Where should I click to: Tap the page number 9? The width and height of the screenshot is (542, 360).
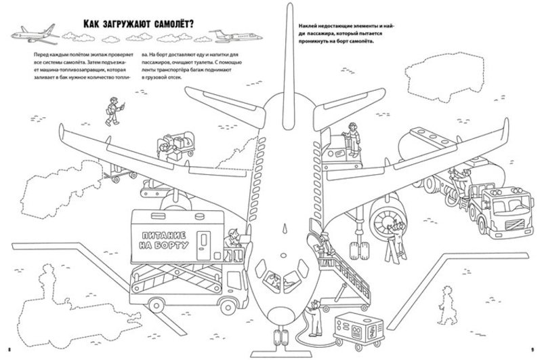[x=533, y=349]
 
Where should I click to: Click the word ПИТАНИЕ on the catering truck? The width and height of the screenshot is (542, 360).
[x=164, y=236]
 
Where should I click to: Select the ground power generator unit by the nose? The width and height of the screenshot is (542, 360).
[x=358, y=328]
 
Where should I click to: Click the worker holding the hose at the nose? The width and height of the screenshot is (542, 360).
[x=315, y=318]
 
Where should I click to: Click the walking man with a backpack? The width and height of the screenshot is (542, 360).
[x=114, y=111]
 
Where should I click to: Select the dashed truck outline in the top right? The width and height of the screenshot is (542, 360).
[x=438, y=78]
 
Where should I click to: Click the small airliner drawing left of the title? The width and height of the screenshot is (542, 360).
[x=35, y=35]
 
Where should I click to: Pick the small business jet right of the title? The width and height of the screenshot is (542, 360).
[x=236, y=36]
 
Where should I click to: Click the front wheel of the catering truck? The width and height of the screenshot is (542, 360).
[x=227, y=306]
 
